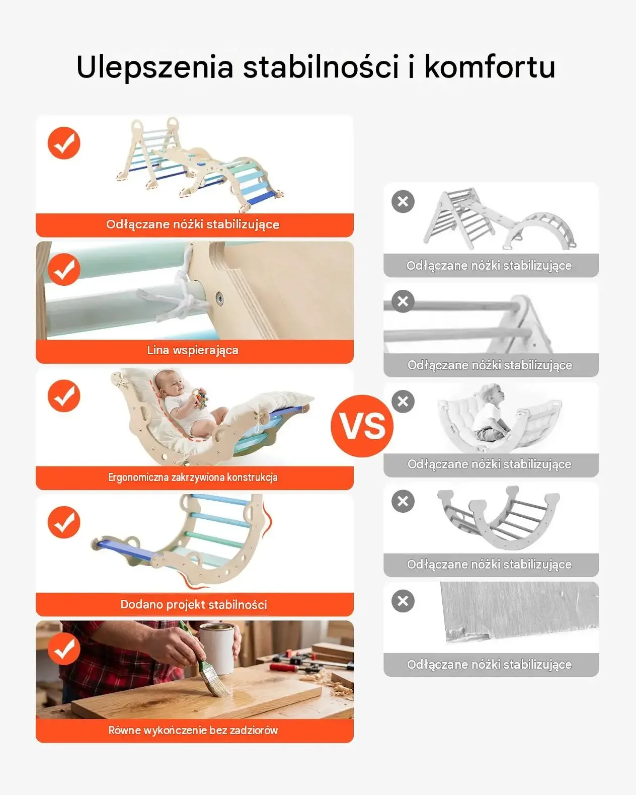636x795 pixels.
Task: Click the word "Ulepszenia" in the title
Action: coord(155,67)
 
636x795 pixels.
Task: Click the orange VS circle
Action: coord(362,426)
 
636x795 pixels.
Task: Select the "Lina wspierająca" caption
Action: coord(193,350)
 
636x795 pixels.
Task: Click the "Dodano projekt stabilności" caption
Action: coord(194,604)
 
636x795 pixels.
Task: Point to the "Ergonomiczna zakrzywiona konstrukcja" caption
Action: coord(193,478)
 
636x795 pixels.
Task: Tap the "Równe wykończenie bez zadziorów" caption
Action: coord(193,731)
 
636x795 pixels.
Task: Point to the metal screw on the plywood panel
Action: coord(219,297)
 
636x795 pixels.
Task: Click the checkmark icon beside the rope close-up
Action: coord(64,269)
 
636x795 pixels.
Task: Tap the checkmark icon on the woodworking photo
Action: coord(64,649)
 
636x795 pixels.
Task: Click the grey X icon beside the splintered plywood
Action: coord(403,601)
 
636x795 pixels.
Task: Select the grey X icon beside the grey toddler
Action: coord(403,401)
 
